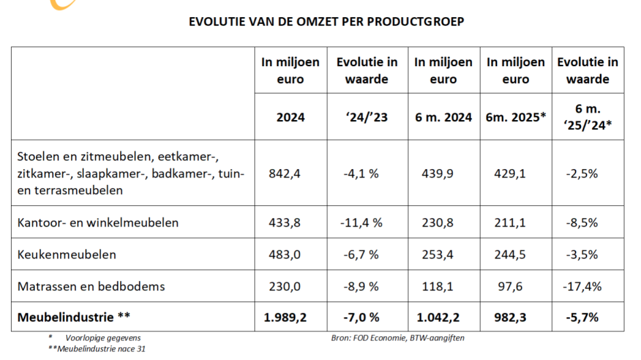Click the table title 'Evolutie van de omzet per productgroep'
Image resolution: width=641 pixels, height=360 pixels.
click(x=326, y=21)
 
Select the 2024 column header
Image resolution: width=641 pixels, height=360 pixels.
click(x=290, y=117)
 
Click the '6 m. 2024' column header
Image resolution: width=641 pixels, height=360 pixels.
click(x=443, y=117)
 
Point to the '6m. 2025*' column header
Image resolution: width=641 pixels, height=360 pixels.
click(x=516, y=117)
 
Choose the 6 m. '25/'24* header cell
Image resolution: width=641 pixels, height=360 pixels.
click(x=588, y=116)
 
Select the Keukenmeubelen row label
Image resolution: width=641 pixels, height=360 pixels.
click(x=67, y=254)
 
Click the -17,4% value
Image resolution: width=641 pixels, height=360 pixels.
click(x=584, y=286)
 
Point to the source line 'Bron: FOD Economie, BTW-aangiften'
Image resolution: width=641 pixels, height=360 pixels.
click(x=398, y=337)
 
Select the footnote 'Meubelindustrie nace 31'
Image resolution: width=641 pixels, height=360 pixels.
click(x=97, y=349)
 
